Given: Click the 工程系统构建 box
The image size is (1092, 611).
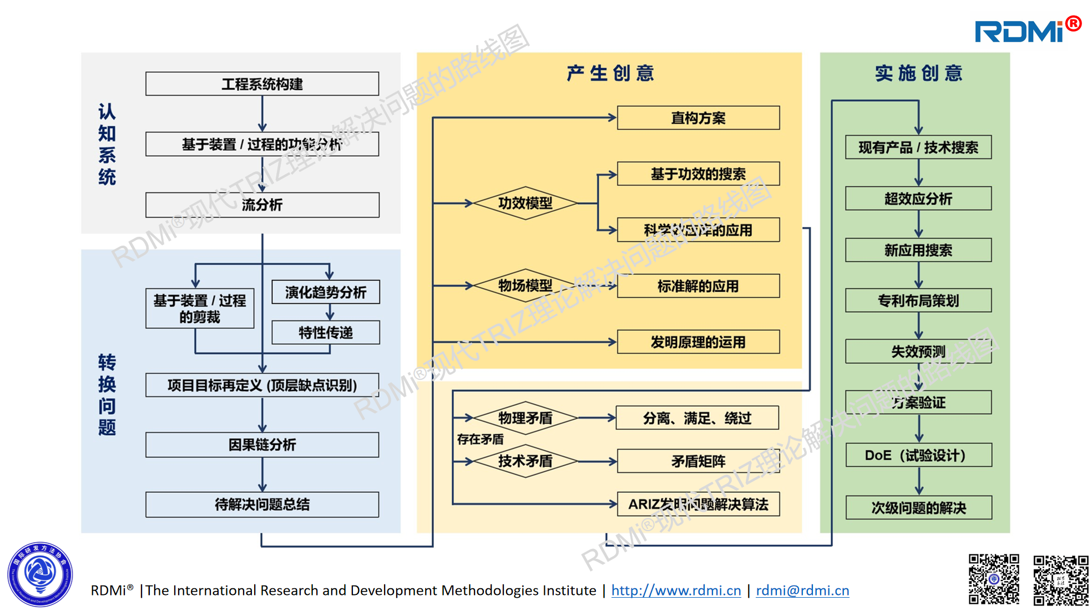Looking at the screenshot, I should coord(262,84).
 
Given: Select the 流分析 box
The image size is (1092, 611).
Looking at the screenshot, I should coord(262,205).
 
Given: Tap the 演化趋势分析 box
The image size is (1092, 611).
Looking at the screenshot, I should coord(326,292).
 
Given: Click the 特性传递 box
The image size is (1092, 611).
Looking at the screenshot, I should coord(326,333).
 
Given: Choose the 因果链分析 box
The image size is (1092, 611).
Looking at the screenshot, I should coord(262,445).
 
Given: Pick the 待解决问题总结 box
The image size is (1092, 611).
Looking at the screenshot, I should coord(262,505).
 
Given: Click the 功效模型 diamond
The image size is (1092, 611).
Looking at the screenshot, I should coord(525,203).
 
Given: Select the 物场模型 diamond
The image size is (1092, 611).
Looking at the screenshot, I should coord(525,286).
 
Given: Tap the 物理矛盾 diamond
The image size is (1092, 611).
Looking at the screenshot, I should coord(525,417).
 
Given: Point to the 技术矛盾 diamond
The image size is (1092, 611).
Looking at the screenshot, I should coord(525,461).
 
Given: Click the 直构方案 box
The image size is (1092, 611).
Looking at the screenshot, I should coord(698,118).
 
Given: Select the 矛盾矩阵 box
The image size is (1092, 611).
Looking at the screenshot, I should coord(698,461).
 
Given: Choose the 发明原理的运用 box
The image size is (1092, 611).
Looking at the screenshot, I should coord(698,342).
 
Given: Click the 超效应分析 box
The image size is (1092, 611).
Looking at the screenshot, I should coord(918,198).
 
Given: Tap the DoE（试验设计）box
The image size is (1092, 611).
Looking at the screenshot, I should coord(918,455).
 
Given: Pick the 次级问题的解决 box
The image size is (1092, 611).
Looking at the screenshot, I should coord(918,508).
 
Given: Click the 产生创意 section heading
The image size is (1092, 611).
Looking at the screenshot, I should coord(610,73).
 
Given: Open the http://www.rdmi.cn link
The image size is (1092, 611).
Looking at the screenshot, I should coord(676,590).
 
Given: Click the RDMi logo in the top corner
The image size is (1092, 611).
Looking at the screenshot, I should coord(1027,31).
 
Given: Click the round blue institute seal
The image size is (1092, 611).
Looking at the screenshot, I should coord(40,574).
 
